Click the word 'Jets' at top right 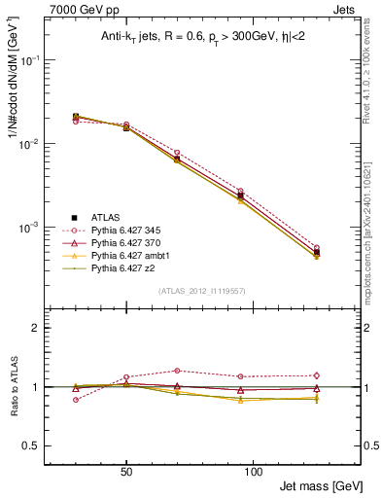point(346,9)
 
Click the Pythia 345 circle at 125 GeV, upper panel point(316,248)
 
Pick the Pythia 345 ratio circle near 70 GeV point(176,371)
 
